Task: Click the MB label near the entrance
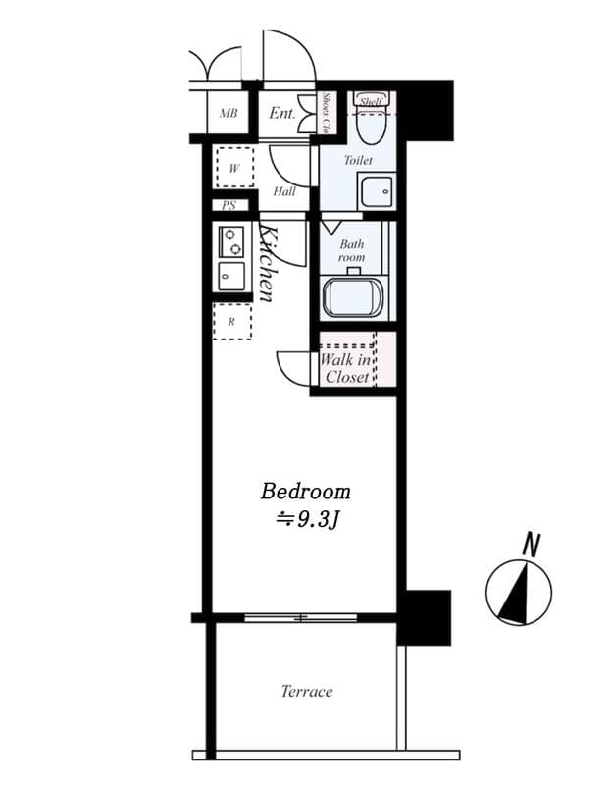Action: point(229,114)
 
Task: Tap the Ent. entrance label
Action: point(282,114)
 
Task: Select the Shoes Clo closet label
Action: point(326,114)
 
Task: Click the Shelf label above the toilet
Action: point(370,101)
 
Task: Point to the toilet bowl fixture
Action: point(371,126)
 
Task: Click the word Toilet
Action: point(358,159)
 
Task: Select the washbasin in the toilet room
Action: point(376,188)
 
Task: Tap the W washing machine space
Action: point(234,168)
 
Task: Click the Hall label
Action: point(284,191)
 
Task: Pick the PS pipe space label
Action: point(229,206)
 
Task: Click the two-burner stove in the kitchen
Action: point(231,241)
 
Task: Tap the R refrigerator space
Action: point(232,321)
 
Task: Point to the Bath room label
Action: point(351,251)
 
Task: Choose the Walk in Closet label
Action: point(346,368)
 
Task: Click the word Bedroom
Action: point(305,491)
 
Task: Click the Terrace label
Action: point(307,692)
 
